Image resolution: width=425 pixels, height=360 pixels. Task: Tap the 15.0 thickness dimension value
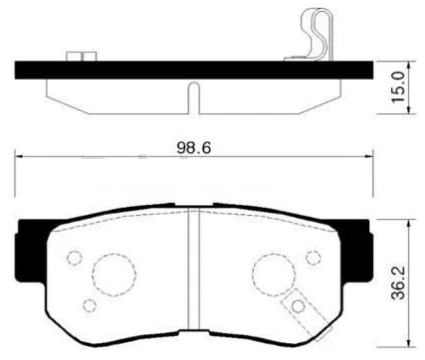tap(398, 89)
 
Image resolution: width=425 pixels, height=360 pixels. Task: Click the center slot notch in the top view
tap(195, 98)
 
